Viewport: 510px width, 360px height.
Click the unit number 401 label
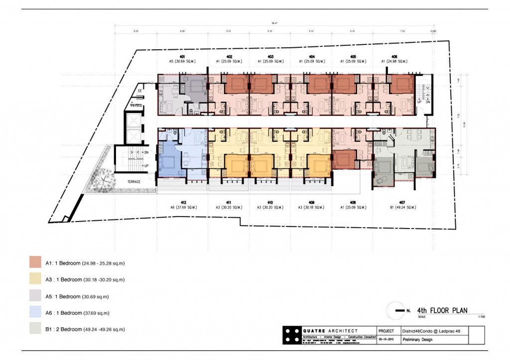tap(183, 57)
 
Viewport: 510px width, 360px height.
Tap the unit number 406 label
tap(394, 57)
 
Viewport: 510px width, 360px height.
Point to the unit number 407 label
tap(395, 202)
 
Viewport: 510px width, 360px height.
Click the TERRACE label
tap(133, 182)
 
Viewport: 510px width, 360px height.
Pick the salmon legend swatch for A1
tap(35, 262)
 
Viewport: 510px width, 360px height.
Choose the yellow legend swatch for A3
tap(35, 279)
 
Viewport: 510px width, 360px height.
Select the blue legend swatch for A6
tap(35, 313)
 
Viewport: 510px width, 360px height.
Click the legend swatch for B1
tap(35, 329)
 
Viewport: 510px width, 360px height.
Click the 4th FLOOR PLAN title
tap(442, 310)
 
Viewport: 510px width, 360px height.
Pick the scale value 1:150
tap(481, 317)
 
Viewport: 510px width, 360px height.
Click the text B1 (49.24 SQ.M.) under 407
tap(395, 207)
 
